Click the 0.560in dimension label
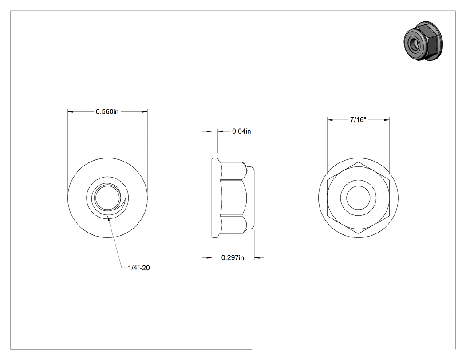(x=107, y=111)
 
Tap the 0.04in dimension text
(x=241, y=131)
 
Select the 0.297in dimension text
(x=233, y=258)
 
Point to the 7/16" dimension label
(x=358, y=119)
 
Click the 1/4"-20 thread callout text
(x=139, y=268)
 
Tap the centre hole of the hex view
(x=358, y=198)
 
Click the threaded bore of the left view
(x=108, y=198)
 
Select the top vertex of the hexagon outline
(x=359, y=162)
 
